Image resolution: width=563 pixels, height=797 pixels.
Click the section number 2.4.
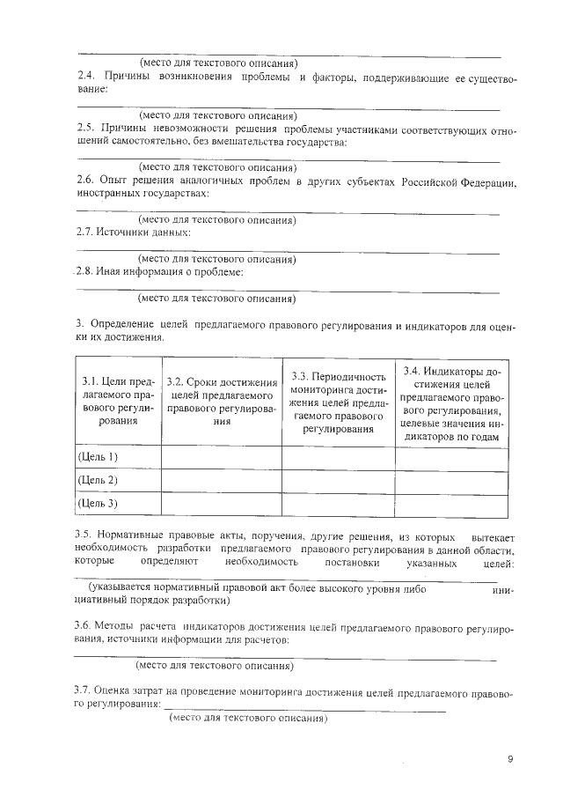[x=86, y=78]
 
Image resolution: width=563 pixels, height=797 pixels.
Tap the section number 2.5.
[x=86, y=129]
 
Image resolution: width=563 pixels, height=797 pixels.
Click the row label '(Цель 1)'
[x=98, y=456]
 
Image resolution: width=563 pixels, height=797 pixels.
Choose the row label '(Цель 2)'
[x=98, y=480]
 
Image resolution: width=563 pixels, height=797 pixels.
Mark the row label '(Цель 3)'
[x=98, y=504]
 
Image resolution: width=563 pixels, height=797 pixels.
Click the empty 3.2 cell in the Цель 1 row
[x=221, y=457]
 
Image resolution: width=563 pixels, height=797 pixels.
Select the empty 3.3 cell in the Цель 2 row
[x=338, y=480]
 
